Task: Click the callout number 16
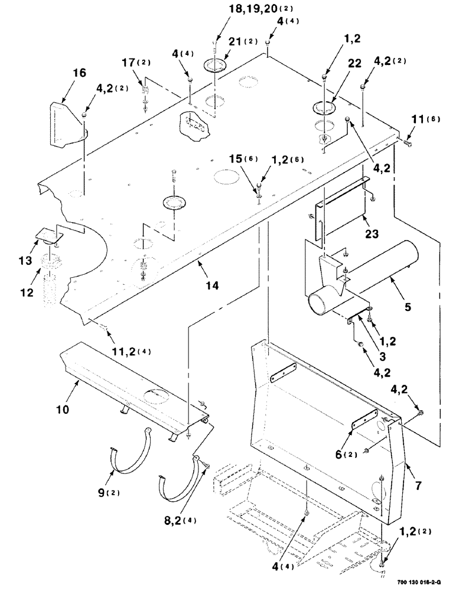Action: point(79,73)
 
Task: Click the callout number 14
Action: point(212,286)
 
